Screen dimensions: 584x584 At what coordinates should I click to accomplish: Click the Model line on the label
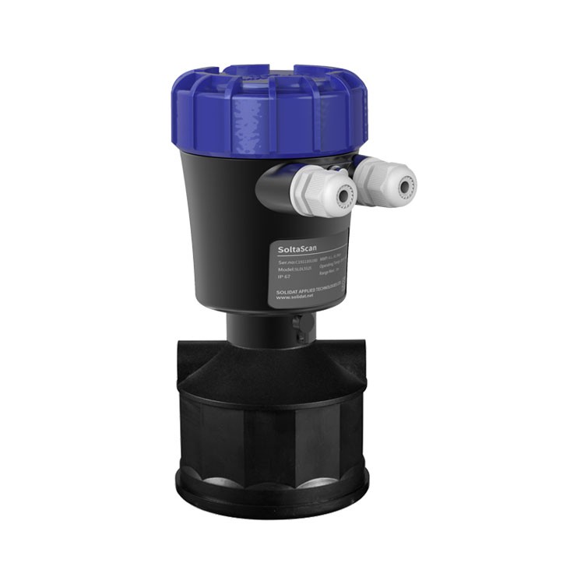[294, 268]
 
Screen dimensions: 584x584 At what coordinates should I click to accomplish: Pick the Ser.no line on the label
[295, 262]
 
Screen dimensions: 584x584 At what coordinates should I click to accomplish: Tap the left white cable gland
[323, 192]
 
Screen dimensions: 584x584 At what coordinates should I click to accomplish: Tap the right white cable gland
[387, 181]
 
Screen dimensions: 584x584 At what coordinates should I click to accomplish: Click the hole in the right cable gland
[405, 186]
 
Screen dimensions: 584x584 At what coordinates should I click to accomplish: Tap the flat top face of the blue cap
[269, 76]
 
